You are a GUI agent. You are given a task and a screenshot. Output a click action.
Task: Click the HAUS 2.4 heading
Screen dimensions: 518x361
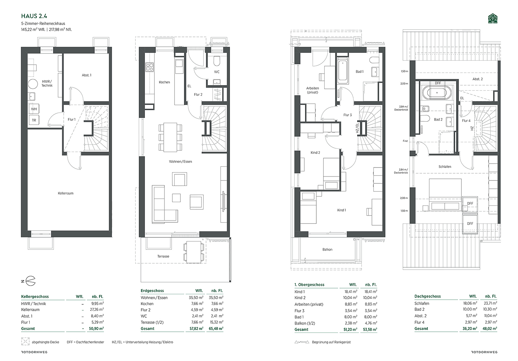[34, 16]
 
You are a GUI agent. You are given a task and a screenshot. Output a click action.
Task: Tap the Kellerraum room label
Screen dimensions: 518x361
[65, 193]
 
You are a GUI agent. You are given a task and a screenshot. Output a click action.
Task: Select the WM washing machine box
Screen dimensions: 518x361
[34, 109]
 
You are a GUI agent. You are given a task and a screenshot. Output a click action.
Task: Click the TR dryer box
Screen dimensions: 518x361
[34, 120]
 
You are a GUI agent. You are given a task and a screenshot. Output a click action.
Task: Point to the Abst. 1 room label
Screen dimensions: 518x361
[86, 75]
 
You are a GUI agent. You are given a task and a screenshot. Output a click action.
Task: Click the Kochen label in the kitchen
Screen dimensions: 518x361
[164, 82]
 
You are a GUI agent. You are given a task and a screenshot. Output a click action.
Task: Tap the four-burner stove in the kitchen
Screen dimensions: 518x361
[150, 67]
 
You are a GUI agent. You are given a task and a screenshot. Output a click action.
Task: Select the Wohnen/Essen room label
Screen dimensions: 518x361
[180, 162]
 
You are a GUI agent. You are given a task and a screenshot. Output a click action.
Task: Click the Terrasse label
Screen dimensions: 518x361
[163, 256]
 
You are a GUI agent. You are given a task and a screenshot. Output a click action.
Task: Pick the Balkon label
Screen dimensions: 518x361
[327, 249]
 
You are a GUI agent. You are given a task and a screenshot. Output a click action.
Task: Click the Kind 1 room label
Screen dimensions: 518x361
[341, 210]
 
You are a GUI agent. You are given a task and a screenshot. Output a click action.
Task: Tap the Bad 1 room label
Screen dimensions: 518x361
[359, 71]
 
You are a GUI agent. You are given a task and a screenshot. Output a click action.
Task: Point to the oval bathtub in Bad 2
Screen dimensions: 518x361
[437, 93]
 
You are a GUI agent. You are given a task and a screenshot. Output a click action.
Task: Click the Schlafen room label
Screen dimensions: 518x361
[445, 166]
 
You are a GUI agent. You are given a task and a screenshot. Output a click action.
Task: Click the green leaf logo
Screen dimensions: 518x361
[493, 19]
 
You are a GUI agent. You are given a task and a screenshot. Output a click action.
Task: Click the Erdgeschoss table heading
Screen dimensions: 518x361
[152, 291]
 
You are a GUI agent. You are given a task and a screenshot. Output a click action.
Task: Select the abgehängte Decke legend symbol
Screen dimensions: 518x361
[25, 342]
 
